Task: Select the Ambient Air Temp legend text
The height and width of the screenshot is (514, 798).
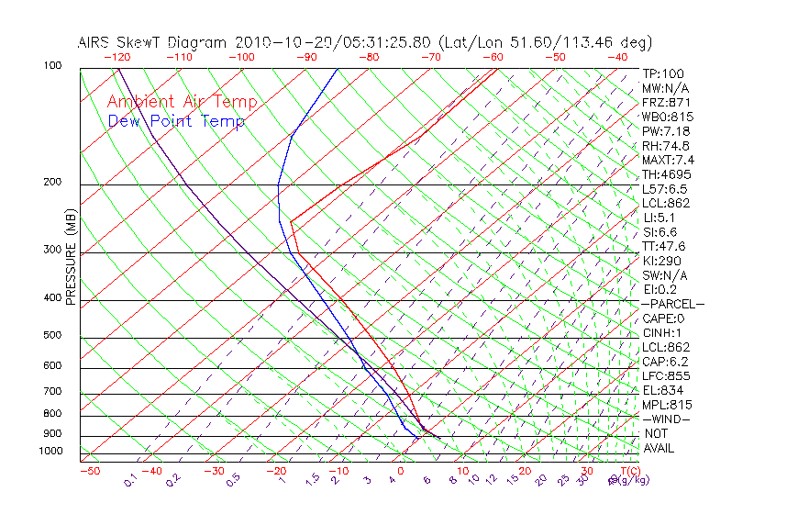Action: (183, 102)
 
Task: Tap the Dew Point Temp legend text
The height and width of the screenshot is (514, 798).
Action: (176, 121)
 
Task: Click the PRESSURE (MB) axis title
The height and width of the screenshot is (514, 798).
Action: (72, 256)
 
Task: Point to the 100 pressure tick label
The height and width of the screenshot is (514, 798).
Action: (53, 66)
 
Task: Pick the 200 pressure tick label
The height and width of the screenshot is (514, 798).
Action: (53, 183)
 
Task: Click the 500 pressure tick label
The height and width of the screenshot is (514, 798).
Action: (53, 336)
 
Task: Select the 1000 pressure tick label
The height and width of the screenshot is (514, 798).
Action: (50, 452)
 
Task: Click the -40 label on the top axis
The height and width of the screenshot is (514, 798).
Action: (618, 56)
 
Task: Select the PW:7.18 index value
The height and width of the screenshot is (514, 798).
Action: (666, 131)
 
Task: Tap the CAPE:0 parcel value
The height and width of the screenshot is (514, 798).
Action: (665, 318)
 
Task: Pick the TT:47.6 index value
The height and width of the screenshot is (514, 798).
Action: (664, 246)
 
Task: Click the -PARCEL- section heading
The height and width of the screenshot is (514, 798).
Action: (672, 304)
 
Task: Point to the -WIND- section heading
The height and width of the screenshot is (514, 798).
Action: (666, 419)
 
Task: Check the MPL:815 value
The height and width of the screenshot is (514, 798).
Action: (666, 405)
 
